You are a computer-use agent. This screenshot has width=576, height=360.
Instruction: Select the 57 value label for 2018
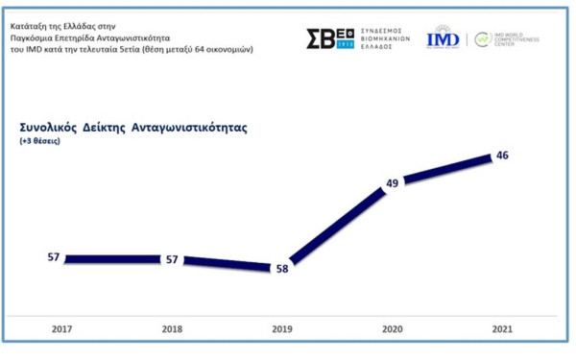[x=171, y=259]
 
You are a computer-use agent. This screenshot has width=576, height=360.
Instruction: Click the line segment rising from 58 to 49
[x=336, y=226]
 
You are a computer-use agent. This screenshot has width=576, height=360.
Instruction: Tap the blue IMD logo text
[x=443, y=39]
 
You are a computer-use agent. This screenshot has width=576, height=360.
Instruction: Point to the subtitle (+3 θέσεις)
[x=39, y=141]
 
